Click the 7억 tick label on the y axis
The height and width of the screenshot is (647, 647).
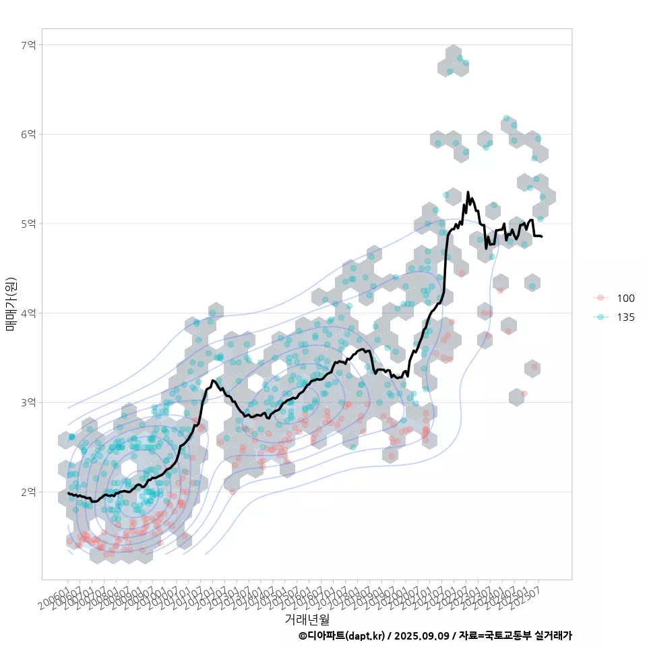coord(28,45)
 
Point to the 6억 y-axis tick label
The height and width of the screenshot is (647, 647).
coord(28,134)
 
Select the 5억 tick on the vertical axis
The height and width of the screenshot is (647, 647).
coord(28,224)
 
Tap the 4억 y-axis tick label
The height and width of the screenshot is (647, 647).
coord(28,313)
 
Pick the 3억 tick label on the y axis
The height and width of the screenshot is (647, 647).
coord(28,402)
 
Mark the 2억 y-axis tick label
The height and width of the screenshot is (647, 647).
coord(28,492)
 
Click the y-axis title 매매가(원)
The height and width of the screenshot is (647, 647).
coord(11,303)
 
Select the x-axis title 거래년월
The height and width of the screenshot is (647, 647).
coord(307,619)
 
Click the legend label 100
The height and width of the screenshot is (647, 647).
coord(625,299)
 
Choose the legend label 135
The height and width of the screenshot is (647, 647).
coord(625,317)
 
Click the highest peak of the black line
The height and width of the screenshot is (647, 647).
coord(468,192)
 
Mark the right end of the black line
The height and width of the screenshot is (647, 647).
coord(542,237)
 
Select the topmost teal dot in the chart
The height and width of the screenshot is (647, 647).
coord(460,58)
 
